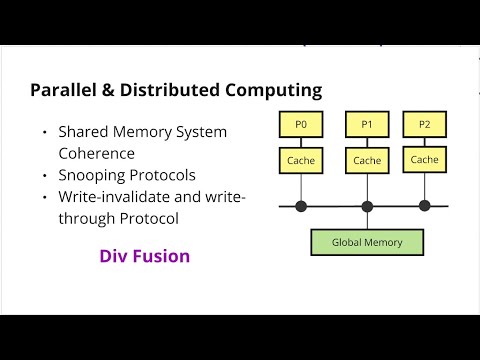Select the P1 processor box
coord(367,125)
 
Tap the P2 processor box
coord(424,125)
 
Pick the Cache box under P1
coord(367,160)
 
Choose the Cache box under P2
coord(424,160)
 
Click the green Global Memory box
coord(366,241)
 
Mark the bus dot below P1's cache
coord(367,206)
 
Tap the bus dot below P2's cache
coord(424,206)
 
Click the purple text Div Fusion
coord(145,256)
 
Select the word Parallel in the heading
coord(62,91)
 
